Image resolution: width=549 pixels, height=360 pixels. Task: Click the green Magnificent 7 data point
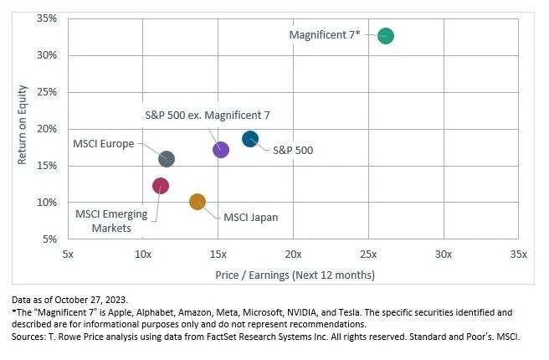[x=385, y=36]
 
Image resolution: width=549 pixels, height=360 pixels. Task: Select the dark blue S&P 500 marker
[x=250, y=139]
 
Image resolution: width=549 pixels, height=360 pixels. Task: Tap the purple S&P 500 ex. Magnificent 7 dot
[x=221, y=150]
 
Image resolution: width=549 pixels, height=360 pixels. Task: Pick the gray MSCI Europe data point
[x=167, y=159]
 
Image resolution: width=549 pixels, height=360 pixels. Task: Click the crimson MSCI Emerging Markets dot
[x=161, y=186]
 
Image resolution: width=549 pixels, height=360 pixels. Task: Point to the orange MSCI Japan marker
[x=198, y=202]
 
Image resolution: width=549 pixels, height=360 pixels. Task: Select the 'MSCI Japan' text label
[x=250, y=217]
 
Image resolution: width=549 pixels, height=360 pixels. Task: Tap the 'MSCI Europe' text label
[x=104, y=144]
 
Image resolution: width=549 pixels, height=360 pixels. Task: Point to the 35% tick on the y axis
[x=46, y=18]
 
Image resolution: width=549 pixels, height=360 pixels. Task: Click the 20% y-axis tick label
[x=46, y=129]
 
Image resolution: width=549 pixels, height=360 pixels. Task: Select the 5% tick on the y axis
[x=49, y=239]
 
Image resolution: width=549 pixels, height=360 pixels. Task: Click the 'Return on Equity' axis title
[x=23, y=128]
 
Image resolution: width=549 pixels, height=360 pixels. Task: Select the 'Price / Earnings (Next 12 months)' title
[x=294, y=275]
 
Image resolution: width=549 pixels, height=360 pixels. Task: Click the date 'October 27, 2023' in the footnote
[x=98, y=299]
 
